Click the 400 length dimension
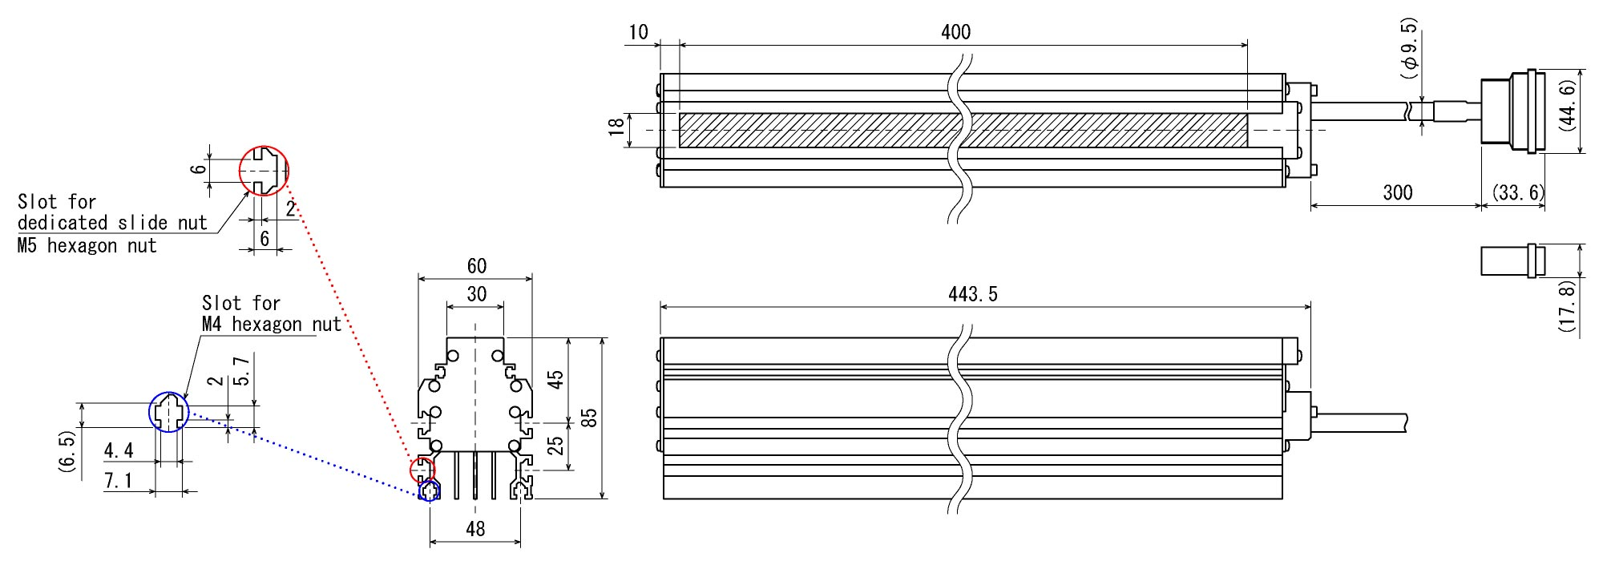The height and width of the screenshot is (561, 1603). click(955, 33)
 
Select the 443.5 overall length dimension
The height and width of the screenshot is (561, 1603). click(972, 295)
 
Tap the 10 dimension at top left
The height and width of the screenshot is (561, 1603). click(638, 33)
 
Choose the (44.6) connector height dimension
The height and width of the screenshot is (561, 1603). click(1568, 105)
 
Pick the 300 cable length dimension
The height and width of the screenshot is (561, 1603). click(1397, 193)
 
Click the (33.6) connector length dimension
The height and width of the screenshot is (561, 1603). click(1518, 193)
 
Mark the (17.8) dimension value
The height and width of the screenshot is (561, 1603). click(1568, 305)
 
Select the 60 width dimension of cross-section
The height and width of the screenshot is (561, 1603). click(476, 266)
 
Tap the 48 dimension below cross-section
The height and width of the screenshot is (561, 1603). click(475, 529)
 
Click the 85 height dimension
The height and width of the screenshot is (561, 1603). click(589, 418)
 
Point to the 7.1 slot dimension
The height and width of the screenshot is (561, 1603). click(118, 481)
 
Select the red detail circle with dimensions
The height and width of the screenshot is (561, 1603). click(264, 171)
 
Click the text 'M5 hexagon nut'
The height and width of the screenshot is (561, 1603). click(87, 246)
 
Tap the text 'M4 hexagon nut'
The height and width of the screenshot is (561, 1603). click(271, 325)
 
